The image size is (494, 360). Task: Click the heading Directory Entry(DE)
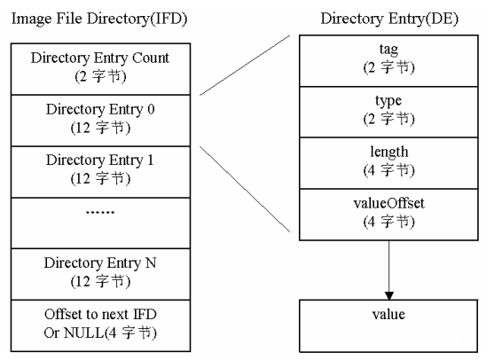388,18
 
